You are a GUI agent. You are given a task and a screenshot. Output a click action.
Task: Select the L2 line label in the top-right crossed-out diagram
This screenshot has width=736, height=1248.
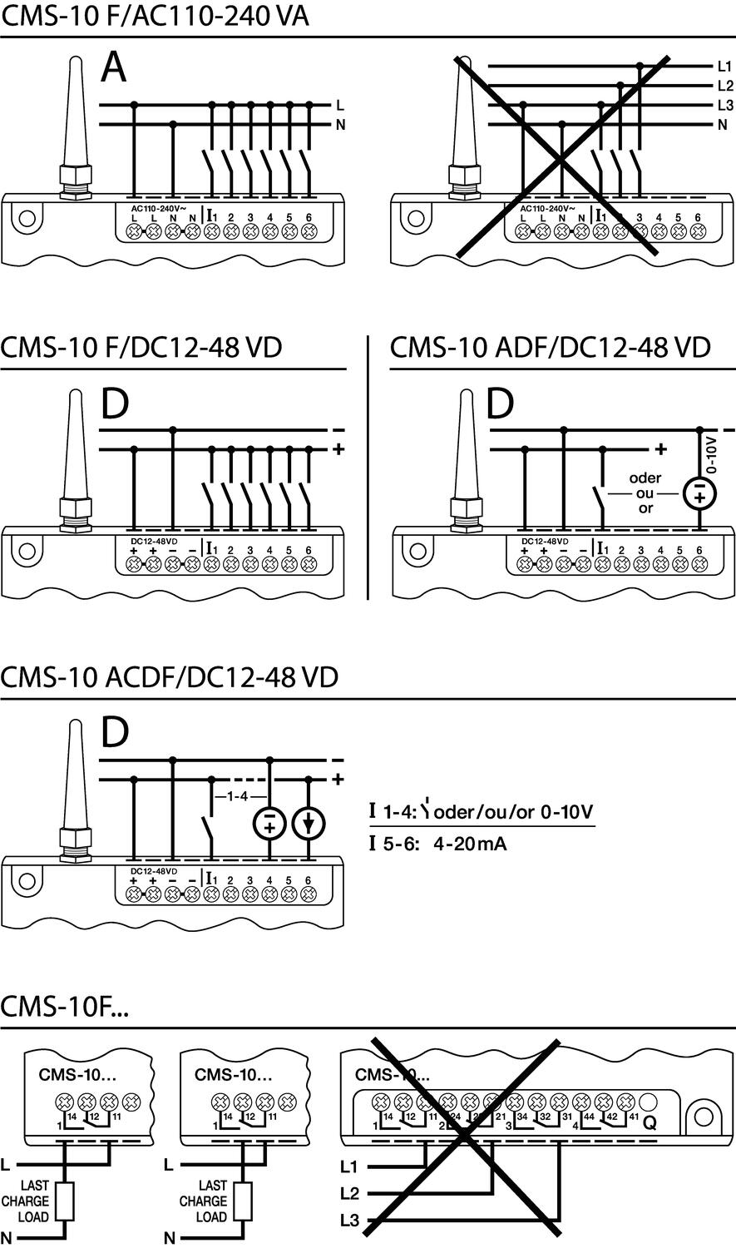[x=724, y=86]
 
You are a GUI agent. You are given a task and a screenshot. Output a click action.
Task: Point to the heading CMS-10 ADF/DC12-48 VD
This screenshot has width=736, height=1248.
[x=551, y=346]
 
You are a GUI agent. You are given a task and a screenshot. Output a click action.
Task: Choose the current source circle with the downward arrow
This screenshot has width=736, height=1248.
[x=309, y=824]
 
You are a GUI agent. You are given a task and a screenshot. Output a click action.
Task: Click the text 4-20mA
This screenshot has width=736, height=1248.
[x=469, y=844]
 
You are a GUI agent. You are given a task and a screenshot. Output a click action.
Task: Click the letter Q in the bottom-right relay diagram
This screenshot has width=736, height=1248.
[x=650, y=1122]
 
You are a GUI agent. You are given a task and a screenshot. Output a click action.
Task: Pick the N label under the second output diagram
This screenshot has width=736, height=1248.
[x=170, y=1238]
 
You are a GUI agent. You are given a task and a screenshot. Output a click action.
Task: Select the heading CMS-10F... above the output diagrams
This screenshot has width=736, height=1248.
[x=65, y=1007]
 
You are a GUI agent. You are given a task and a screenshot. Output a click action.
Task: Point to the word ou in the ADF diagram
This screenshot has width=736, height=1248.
[x=645, y=493]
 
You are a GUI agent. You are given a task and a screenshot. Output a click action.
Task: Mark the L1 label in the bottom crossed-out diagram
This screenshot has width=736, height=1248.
[x=349, y=1166]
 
